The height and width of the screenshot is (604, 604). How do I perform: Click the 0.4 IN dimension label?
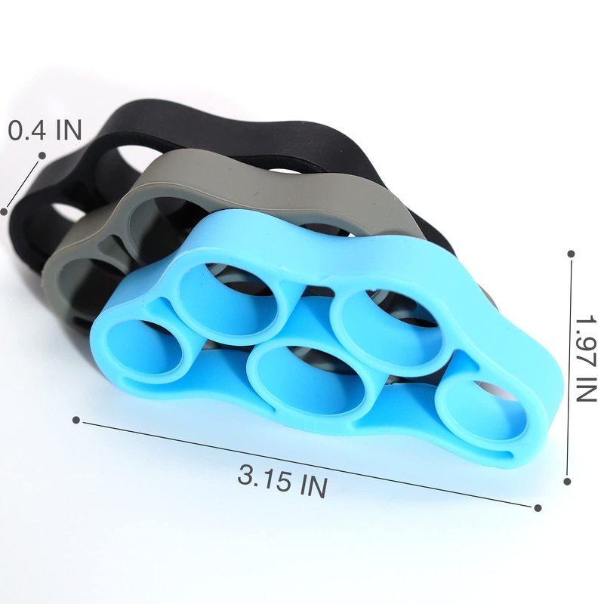[x=45, y=130]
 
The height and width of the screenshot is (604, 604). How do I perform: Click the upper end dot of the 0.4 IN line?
[x=42, y=156]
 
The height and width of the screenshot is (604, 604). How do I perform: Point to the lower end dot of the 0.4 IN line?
[x=5, y=211]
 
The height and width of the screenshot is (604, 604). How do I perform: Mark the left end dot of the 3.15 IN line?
[x=76, y=420]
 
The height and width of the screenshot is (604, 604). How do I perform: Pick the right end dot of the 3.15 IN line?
[x=538, y=508]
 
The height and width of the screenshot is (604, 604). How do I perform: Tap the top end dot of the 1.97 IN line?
[x=572, y=254]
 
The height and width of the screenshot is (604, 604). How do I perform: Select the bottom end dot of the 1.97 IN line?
[x=567, y=481]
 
